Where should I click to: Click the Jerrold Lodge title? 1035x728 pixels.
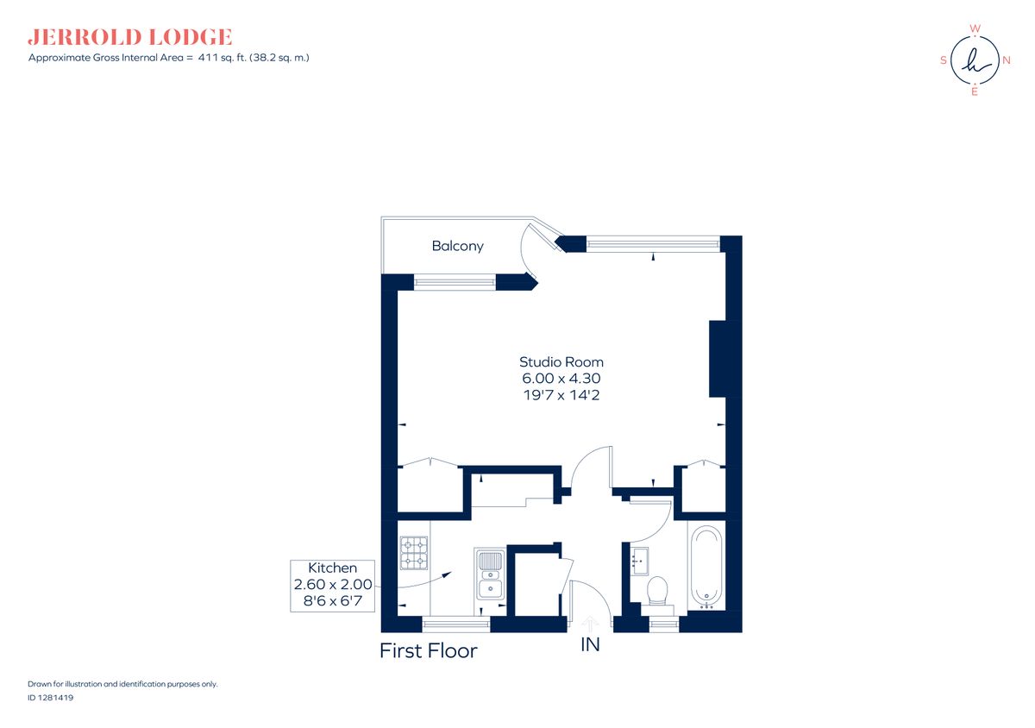(x=130, y=37)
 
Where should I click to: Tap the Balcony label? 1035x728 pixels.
(x=457, y=246)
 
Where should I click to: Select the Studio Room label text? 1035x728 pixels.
(x=561, y=362)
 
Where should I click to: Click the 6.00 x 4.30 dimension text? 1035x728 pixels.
(x=561, y=379)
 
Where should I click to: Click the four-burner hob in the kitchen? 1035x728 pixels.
(x=414, y=553)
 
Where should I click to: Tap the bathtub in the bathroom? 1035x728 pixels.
(x=706, y=567)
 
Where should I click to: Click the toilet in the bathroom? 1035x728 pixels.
(x=657, y=590)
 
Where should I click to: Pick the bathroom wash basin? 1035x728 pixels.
(x=639, y=561)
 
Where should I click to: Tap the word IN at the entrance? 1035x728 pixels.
(x=590, y=644)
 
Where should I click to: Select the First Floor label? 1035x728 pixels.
(x=428, y=650)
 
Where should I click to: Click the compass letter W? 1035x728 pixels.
(x=975, y=28)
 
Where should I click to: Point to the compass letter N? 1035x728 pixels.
(x=1006, y=60)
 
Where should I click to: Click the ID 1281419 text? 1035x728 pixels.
(x=50, y=699)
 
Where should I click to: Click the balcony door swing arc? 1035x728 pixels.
(x=523, y=254)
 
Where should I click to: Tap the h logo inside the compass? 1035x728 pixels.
(x=975, y=60)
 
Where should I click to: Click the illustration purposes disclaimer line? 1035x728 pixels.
(x=122, y=684)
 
